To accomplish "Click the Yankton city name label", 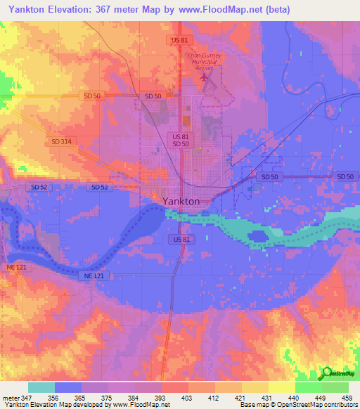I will pos(181,201).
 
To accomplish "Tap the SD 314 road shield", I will pos(61,141).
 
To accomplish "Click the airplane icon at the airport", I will pos(205,79).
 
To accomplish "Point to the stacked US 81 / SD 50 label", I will pos(180,140).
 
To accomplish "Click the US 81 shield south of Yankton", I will pos(180,240).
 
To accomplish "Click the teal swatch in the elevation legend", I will pos(41,387).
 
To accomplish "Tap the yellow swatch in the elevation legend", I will pos(281,387).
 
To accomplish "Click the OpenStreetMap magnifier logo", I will pos(327,372).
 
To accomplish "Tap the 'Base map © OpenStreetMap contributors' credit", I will pos(297,404).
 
